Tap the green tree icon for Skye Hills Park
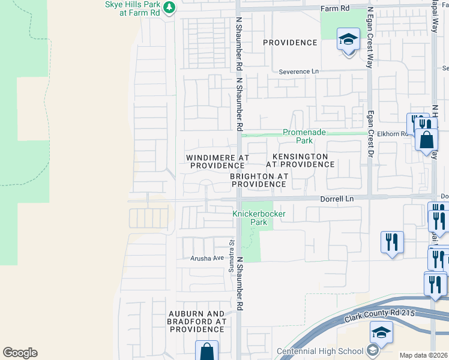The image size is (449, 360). (170, 7)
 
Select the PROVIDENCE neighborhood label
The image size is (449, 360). (290, 43)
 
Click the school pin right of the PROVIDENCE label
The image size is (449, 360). (348, 40)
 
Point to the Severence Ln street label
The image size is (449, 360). (299, 71)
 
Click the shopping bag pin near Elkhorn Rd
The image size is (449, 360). (426, 140)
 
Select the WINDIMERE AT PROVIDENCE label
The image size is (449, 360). (217, 161)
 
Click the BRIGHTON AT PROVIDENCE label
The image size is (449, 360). (259, 180)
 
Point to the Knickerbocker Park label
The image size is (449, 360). (259, 218)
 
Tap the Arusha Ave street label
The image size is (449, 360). (207, 258)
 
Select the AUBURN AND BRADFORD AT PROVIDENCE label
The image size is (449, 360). (197, 322)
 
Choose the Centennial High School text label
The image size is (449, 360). (320, 352)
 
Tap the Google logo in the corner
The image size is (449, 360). (20, 353)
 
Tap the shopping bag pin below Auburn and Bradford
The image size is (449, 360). (206, 350)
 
